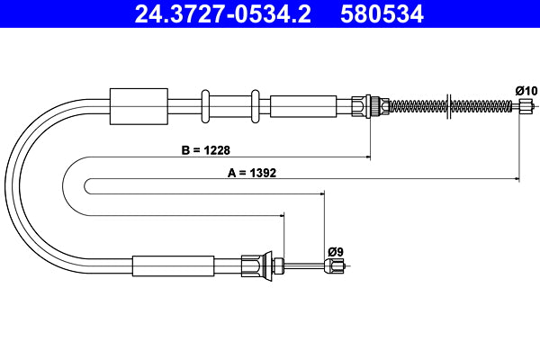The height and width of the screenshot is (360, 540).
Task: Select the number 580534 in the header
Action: (381, 13)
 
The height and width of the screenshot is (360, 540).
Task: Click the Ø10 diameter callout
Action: (526, 90)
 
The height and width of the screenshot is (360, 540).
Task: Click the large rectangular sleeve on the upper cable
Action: (138, 105)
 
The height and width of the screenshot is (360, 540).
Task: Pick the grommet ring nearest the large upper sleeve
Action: (206, 105)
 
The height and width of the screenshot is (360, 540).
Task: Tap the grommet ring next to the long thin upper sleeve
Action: (256, 105)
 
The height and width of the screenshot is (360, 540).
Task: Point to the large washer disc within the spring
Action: (447, 105)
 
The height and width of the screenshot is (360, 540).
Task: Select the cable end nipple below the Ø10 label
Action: (526, 105)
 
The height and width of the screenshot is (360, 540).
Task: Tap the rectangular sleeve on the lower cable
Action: (173, 265)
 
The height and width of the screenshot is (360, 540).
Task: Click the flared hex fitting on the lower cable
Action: (261, 265)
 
